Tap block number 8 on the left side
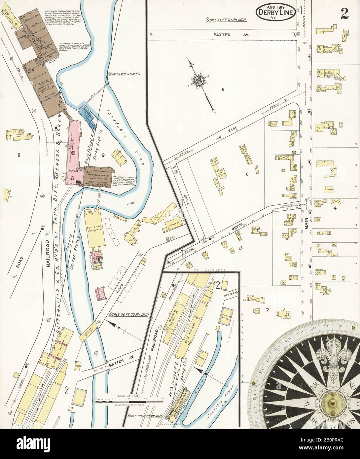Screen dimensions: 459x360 tap(19, 154)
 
